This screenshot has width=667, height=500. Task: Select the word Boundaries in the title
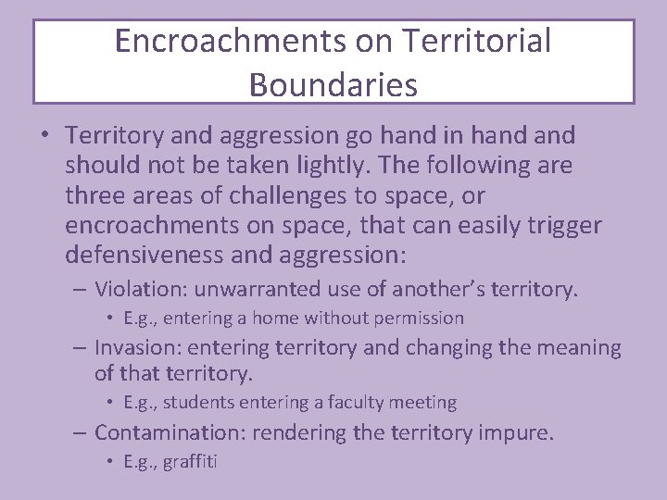(x=333, y=84)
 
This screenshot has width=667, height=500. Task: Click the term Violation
(x=138, y=289)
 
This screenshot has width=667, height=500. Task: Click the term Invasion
(x=135, y=348)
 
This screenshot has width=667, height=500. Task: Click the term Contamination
(x=171, y=432)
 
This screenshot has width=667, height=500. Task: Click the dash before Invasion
(x=82, y=348)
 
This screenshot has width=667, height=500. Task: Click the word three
(x=94, y=196)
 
